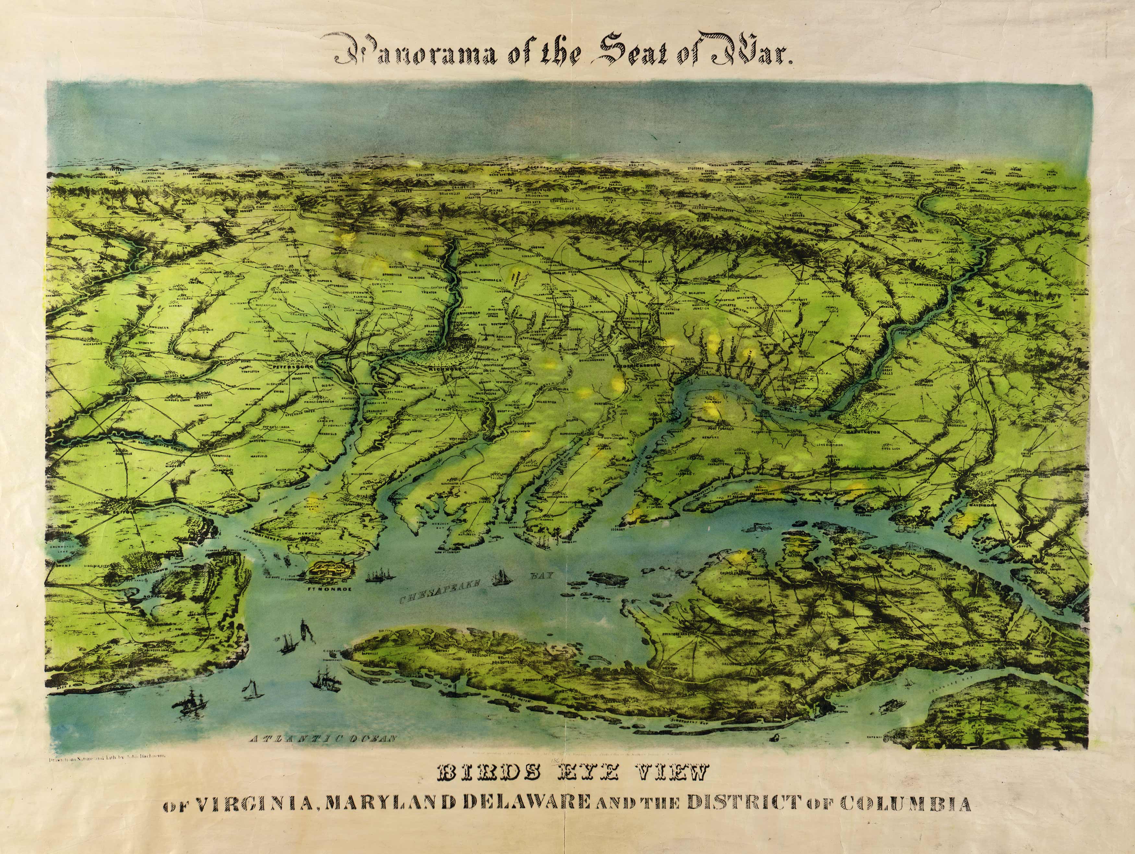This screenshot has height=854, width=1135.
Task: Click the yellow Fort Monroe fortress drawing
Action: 329,570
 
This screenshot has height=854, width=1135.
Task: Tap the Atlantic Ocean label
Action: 323,739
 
